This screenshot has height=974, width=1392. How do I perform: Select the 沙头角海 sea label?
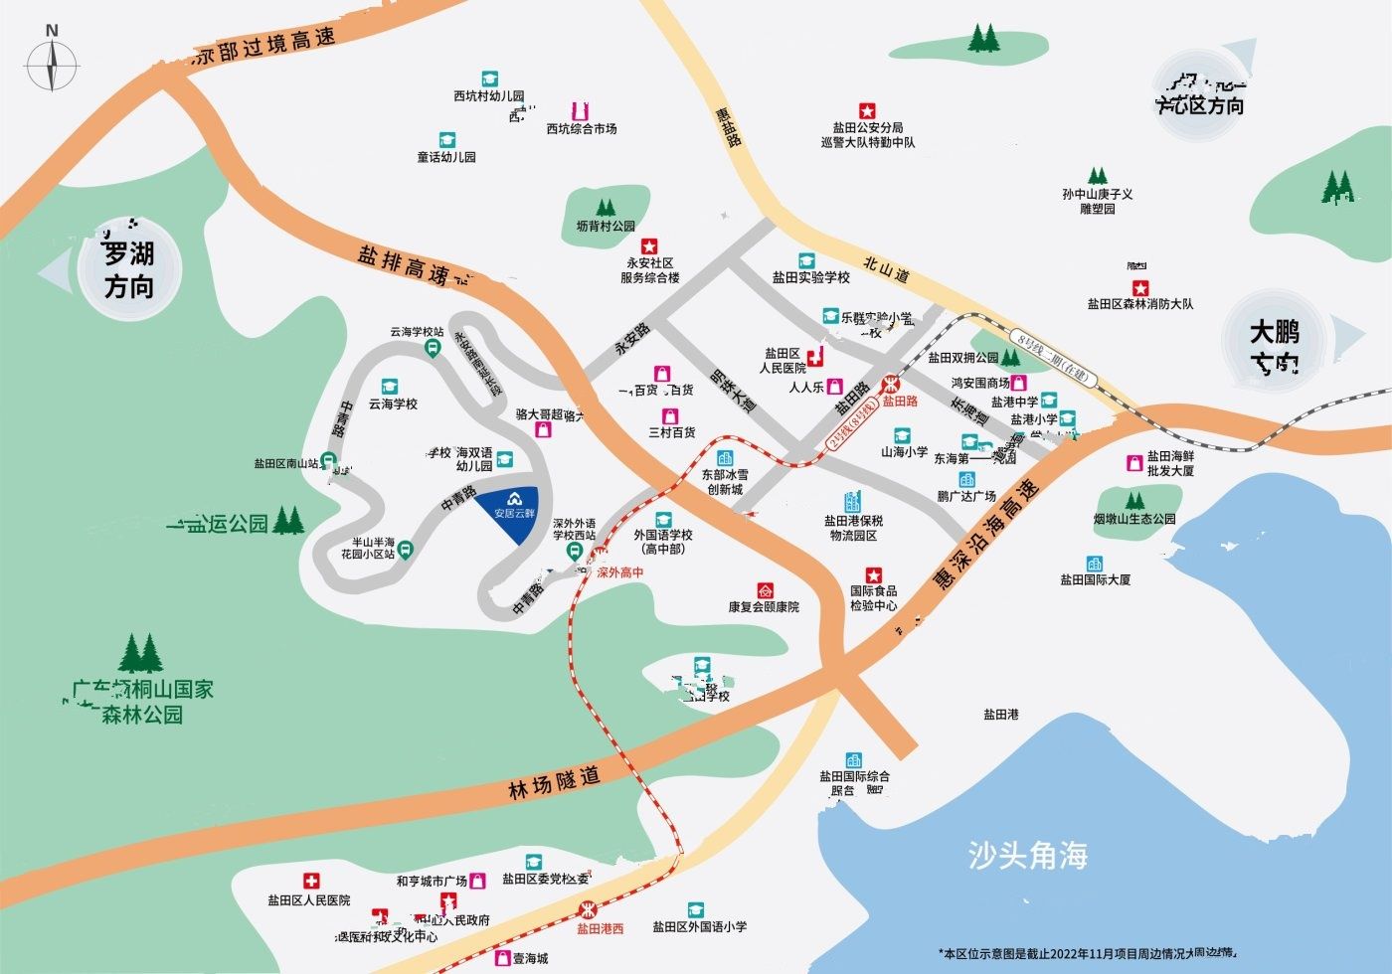(1027, 855)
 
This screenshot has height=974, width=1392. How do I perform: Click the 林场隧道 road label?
(554, 784)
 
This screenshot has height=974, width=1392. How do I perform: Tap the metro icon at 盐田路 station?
(892, 384)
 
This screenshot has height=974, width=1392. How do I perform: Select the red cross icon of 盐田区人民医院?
(310, 881)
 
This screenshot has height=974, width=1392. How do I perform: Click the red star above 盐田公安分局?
(866, 109)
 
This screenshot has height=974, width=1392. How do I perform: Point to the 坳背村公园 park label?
(605, 227)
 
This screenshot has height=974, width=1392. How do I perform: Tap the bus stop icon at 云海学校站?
(433, 348)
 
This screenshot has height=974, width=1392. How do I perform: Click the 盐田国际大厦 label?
(1095, 579)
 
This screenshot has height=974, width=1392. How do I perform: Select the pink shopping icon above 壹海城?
(503, 959)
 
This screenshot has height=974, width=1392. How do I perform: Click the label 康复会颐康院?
(764, 606)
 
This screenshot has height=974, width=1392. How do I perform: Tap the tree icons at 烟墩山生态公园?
(1134, 500)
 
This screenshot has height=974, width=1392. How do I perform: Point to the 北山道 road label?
(886, 265)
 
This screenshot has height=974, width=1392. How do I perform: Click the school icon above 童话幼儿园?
(445, 140)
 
